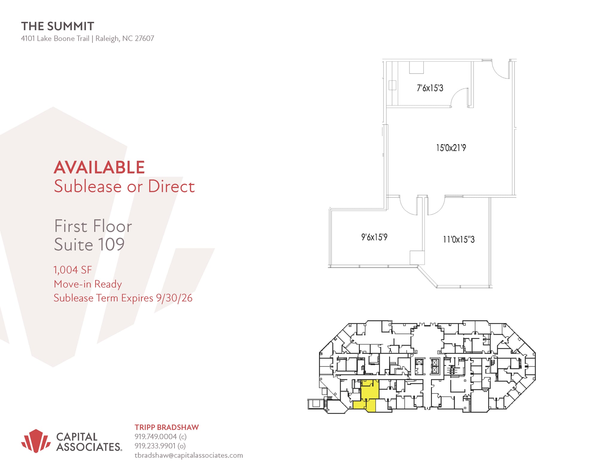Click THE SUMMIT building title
pos(57,26)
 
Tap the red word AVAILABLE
pos(99,167)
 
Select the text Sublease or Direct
pos(124,186)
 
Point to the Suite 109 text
pos(89,244)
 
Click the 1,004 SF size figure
pos(73,270)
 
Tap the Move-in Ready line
pos(88,284)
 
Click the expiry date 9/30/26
pos(174,298)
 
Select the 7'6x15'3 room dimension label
pos(430,88)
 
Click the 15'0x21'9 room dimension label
pos(451,148)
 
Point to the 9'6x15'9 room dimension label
pos(374,237)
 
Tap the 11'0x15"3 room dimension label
pos(459,240)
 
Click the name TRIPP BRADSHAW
pos(167,427)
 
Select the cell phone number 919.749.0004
pos(156,437)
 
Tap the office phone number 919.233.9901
pos(155,446)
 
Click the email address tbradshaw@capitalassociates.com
pos(189,455)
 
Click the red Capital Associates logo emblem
pos(36,441)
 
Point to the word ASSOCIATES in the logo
pos(89,447)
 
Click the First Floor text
pos(93,226)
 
